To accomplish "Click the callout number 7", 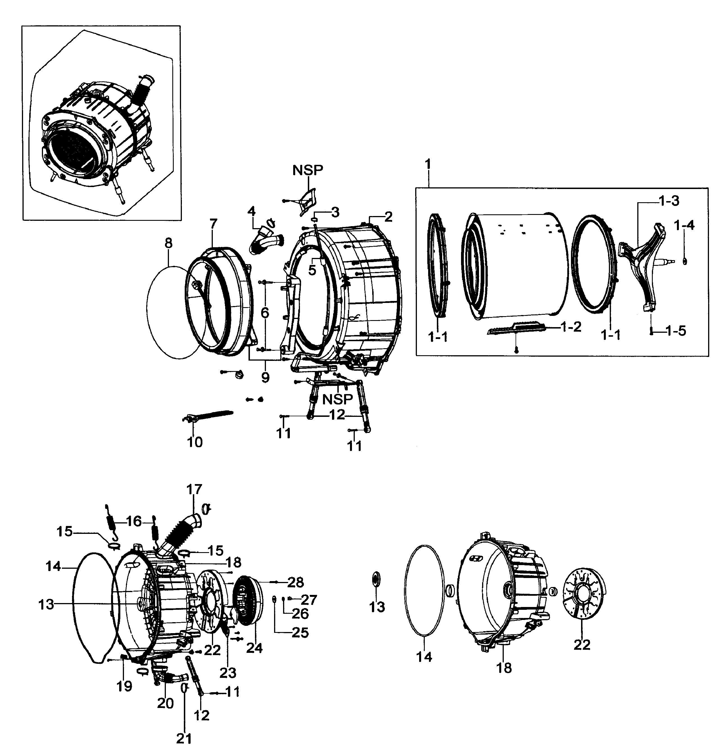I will point(213,223).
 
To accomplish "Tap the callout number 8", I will point(168,243).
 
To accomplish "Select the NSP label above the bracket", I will point(308,170).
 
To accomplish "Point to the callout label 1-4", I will point(684,225).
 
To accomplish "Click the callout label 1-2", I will point(571,327).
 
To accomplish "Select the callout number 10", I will point(195,442).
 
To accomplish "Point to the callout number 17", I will point(194,489).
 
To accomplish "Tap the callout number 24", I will point(254,648).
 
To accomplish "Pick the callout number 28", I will point(295,582).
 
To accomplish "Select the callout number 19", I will point(124,686).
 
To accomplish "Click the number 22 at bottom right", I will point(582,645).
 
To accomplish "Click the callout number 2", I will point(388,217).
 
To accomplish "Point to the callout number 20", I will point(165,703).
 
